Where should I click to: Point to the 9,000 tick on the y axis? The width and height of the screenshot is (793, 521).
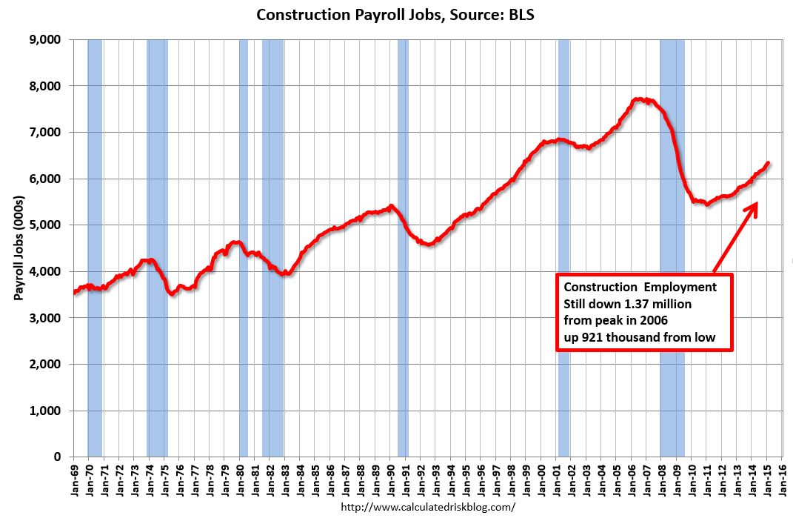coord(46,39)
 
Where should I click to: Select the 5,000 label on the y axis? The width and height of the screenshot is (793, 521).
coord(46,225)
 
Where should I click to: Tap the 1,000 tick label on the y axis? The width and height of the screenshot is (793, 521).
coord(46,411)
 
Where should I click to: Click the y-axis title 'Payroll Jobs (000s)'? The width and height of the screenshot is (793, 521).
coord(20,248)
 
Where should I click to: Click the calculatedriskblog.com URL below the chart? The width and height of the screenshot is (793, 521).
coord(427,508)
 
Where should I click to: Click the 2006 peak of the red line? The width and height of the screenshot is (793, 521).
coord(638,99)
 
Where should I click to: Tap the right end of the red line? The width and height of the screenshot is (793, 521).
coord(769,163)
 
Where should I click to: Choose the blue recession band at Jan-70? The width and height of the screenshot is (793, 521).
coord(95,248)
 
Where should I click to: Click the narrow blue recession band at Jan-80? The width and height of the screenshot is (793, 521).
coord(244,248)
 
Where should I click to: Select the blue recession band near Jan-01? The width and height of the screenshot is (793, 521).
coord(563,248)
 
